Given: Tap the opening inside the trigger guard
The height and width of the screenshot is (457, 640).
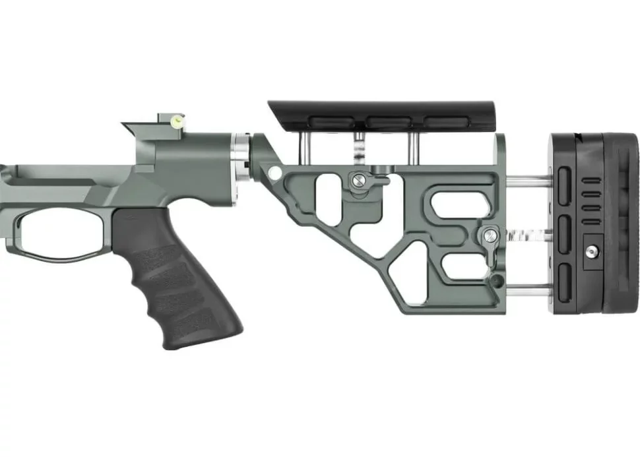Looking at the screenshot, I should point(63,230).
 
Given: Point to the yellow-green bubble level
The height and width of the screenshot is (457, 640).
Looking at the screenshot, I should point(177,121).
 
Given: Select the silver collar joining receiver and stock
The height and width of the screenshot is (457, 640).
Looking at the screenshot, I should point(241,158).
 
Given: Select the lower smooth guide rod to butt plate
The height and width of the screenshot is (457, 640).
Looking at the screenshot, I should point(528,286).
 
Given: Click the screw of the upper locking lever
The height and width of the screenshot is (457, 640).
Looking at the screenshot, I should point(358,177).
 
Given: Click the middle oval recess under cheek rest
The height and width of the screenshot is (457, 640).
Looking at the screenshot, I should point(389,121).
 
